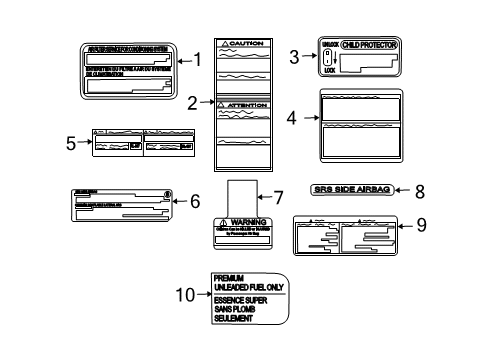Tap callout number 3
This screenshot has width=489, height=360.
[x=295, y=57]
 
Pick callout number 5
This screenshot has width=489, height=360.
[x=71, y=143]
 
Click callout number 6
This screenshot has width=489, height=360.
[x=195, y=201]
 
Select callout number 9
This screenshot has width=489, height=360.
[x=420, y=226]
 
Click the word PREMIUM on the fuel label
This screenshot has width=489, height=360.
[x=230, y=276]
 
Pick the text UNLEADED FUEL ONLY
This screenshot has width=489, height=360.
[x=247, y=286]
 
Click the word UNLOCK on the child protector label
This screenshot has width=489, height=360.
[x=331, y=45]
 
